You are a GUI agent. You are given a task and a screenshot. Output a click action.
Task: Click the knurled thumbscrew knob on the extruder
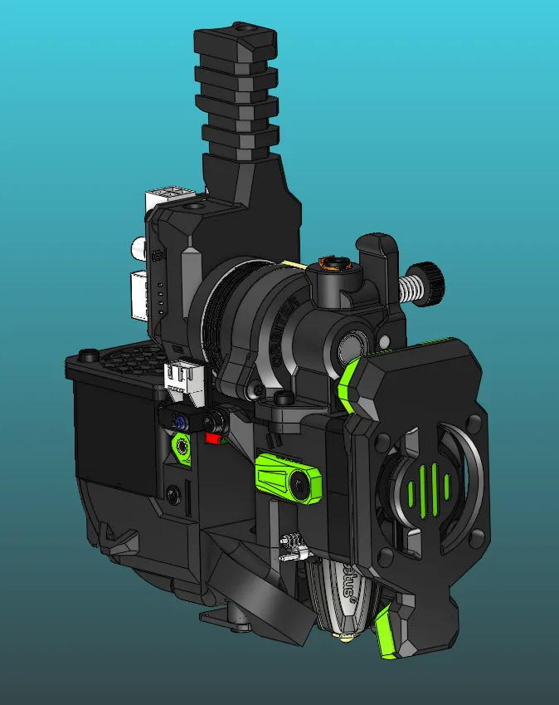(x=431, y=284)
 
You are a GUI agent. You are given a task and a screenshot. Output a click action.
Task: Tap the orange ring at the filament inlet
(x=335, y=264)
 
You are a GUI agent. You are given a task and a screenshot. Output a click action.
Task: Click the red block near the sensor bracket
(x=215, y=438)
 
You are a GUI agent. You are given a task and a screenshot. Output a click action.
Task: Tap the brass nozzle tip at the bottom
(x=342, y=637)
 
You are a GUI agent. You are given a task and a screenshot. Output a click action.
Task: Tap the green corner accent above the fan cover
(x=351, y=383)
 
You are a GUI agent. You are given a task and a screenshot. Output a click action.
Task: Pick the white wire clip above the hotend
(x=293, y=545)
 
